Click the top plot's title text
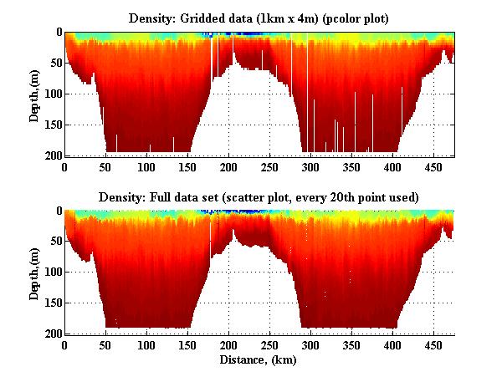(259, 18)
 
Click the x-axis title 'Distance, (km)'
(259, 360)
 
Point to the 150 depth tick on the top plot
(51, 125)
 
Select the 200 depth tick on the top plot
(51, 155)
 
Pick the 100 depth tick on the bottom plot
(51, 273)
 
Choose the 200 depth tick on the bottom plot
(51, 334)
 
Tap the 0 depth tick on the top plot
(57, 33)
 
